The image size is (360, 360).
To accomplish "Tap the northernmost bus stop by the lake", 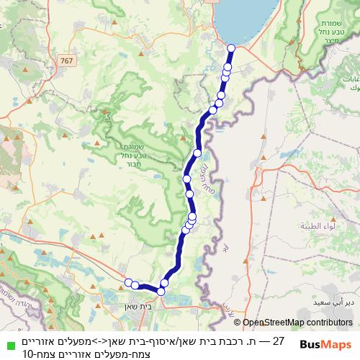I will (x=231, y=48).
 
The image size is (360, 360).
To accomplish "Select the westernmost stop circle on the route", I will (x=128, y=283).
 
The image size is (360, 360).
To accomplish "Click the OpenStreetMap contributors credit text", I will (x=297, y=323).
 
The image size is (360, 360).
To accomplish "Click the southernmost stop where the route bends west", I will (x=162, y=291).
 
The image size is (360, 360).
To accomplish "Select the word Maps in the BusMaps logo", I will (x=338, y=345).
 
